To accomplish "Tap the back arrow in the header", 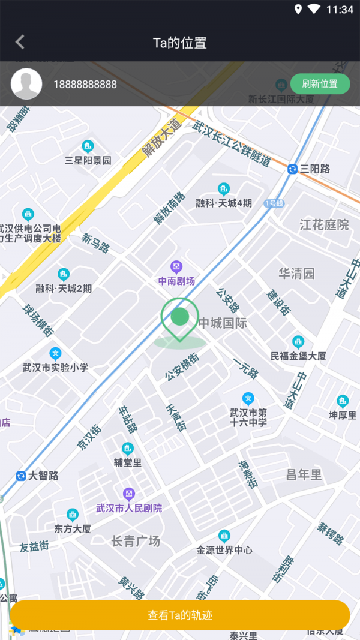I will pyautogui.click(x=20, y=42).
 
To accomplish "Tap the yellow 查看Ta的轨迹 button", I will pyautogui.click(x=180, y=615).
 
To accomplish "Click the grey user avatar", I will pyautogui.click(x=26, y=84).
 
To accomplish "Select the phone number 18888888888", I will pyautogui.click(x=85, y=85).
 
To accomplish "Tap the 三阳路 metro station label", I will pyautogui.click(x=309, y=169).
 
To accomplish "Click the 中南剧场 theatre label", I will pyautogui.click(x=176, y=281).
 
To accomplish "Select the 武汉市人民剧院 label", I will pyautogui.click(x=129, y=508).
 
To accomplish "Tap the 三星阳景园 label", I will pyautogui.click(x=88, y=160).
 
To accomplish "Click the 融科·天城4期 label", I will pyautogui.click(x=224, y=203).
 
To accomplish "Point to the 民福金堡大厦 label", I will pyautogui.click(x=298, y=356).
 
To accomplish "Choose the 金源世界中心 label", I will pyautogui.click(x=224, y=549).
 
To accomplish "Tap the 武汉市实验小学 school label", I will pyautogui.click(x=55, y=367).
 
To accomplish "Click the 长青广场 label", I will pyautogui.click(x=136, y=542).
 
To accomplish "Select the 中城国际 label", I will pyautogui.click(x=223, y=323).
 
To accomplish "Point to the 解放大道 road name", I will pyautogui.click(x=162, y=138).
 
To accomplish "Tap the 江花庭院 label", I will pyautogui.click(x=324, y=225).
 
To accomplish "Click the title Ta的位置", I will pyautogui.click(x=180, y=43).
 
